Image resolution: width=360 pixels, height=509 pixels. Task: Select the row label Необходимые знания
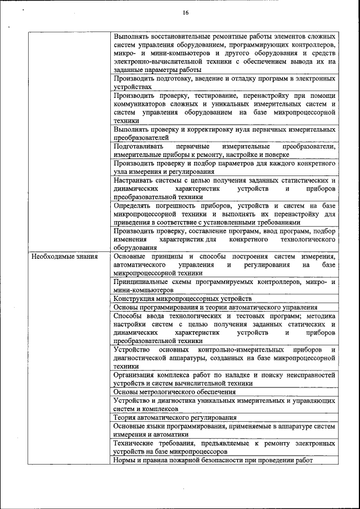65,256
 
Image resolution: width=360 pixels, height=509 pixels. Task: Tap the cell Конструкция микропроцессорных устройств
182,299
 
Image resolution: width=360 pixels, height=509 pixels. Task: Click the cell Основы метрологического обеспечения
174,391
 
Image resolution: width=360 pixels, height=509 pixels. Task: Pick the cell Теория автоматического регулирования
175,418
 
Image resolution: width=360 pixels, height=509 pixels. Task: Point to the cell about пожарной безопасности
213,460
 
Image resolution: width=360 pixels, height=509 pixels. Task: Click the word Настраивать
134,180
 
